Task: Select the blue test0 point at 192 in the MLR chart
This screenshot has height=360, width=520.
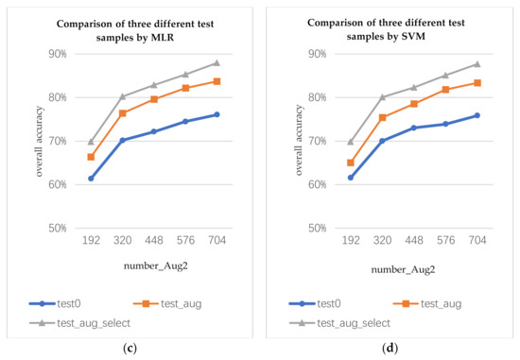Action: pos(91,178)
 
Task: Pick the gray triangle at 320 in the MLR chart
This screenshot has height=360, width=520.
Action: pos(123,96)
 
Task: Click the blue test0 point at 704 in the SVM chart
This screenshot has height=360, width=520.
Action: pos(477,115)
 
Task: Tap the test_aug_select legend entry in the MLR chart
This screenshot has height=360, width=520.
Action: pos(73,323)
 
